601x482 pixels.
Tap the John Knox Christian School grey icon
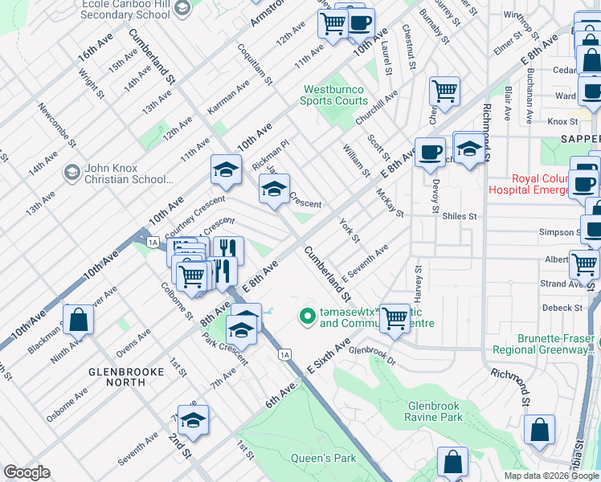click(72, 173)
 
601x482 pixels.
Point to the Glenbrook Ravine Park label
click(434, 411)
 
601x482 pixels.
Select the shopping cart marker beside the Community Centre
click(395, 317)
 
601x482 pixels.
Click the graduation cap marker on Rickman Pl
click(226, 169)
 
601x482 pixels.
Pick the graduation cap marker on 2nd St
click(193, 421)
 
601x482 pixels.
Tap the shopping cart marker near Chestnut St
click(444, 92)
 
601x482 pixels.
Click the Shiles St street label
click(461, 216)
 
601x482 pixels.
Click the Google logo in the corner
click(27, 472)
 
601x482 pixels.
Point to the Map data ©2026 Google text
click(550, 476)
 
